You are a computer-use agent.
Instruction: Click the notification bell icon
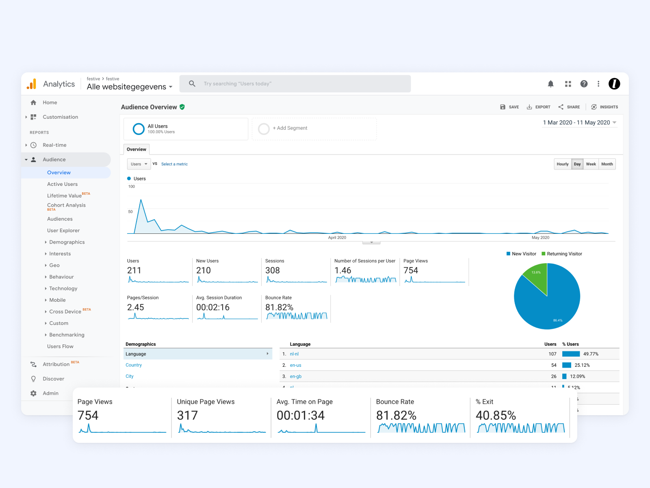coord(550,84)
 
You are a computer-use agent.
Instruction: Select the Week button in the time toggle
coord(591,164)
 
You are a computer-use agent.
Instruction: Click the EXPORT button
coord(539,107)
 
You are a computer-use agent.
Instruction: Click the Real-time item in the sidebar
coord(54,145)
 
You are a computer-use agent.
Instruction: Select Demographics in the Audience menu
coord(67,242)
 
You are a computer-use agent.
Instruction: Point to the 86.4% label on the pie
coord(557,320)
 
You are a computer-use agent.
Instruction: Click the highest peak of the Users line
coord(141,200)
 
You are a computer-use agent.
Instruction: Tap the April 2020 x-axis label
coord(337,237)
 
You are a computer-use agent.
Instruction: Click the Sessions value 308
coord(273,270)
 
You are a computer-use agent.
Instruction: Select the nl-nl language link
coord(294,354)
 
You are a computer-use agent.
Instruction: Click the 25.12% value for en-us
coord(582,365)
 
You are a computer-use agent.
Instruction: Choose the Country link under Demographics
coord(134,365)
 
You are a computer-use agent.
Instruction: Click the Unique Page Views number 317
coord(187,415)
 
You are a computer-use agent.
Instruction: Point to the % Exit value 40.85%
coord(496,415)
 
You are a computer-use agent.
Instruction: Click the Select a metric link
coord(174,164)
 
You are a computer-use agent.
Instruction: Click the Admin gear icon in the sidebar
coord(33,393)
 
